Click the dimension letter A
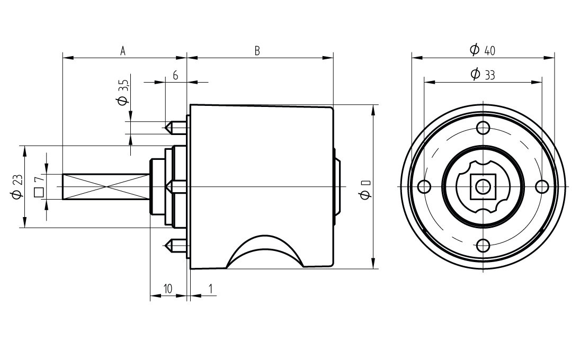tap(123, 51)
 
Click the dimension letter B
tap(257, 51)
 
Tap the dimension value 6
tap(175, 76)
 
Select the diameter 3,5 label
tap(123, 93)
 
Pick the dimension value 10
tap(167, 289)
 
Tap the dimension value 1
tap(211, 289)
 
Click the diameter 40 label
tap(483, 50)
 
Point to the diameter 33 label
tap(483, 75)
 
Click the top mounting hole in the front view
tap(483, 128)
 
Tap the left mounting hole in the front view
tap(424, 186)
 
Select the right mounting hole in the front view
tap(541, 186)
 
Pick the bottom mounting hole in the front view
tap(483, 246)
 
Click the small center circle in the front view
tap(483, 186)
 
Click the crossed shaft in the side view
tap(106, 186)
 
